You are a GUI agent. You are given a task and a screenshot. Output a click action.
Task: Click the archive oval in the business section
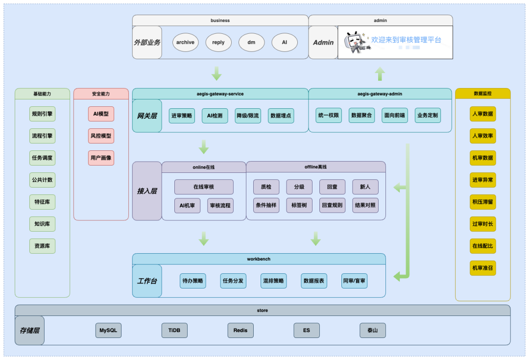pyautogui.click(x=185, y=42)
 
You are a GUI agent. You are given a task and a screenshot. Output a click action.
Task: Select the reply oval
pyautogui.click(x=218, y=42)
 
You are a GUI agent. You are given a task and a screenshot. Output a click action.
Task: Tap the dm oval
pyautogui.click(x=251, y=42)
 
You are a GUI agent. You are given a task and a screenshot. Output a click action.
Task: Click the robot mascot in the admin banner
pyautogui.click(x=356, y=42)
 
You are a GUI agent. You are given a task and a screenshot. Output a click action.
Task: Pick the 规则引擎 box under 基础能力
pyautogui.click(x=42, y=114)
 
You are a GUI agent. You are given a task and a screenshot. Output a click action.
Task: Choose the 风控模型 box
pyautogui.click(x=101, y=136)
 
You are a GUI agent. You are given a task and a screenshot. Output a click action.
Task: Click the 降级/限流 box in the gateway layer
pyautogui.click(x=248, y=116)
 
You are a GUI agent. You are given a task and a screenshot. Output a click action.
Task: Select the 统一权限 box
pyautogui.click(x=329, y=116)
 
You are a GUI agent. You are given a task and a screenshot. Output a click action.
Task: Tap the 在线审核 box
pyautogui.click(x=204, y=187)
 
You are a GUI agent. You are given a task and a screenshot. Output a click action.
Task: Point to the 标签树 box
pyautogui.click(x=299, y=205)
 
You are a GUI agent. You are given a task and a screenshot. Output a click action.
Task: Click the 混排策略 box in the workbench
pyautogui.click(x=273, y=281)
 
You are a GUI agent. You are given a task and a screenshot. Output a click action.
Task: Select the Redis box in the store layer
pyautogui.click(x=240, y=330)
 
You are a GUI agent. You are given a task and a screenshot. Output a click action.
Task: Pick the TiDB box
pyautogui.click(x=174, y=330)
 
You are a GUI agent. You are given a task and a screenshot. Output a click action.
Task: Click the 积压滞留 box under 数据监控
pyautogui.click(x=483, y=202)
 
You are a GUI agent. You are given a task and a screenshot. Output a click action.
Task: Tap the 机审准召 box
pyautogui.click(x=483, y=268)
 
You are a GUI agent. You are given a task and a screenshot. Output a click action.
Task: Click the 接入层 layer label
pyautogui.click(x=147, y=191)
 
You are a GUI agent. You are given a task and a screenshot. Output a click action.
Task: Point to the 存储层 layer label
pyautogui.click(x=29, y=330)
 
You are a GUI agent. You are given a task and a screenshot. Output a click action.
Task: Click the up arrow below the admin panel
pyautogui.click(x=380, y=74)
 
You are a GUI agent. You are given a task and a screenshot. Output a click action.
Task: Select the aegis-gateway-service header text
pyautogui.click(x=220, y=94)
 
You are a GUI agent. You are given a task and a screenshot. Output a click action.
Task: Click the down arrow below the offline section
pyautogui.click(x=315, y=239)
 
